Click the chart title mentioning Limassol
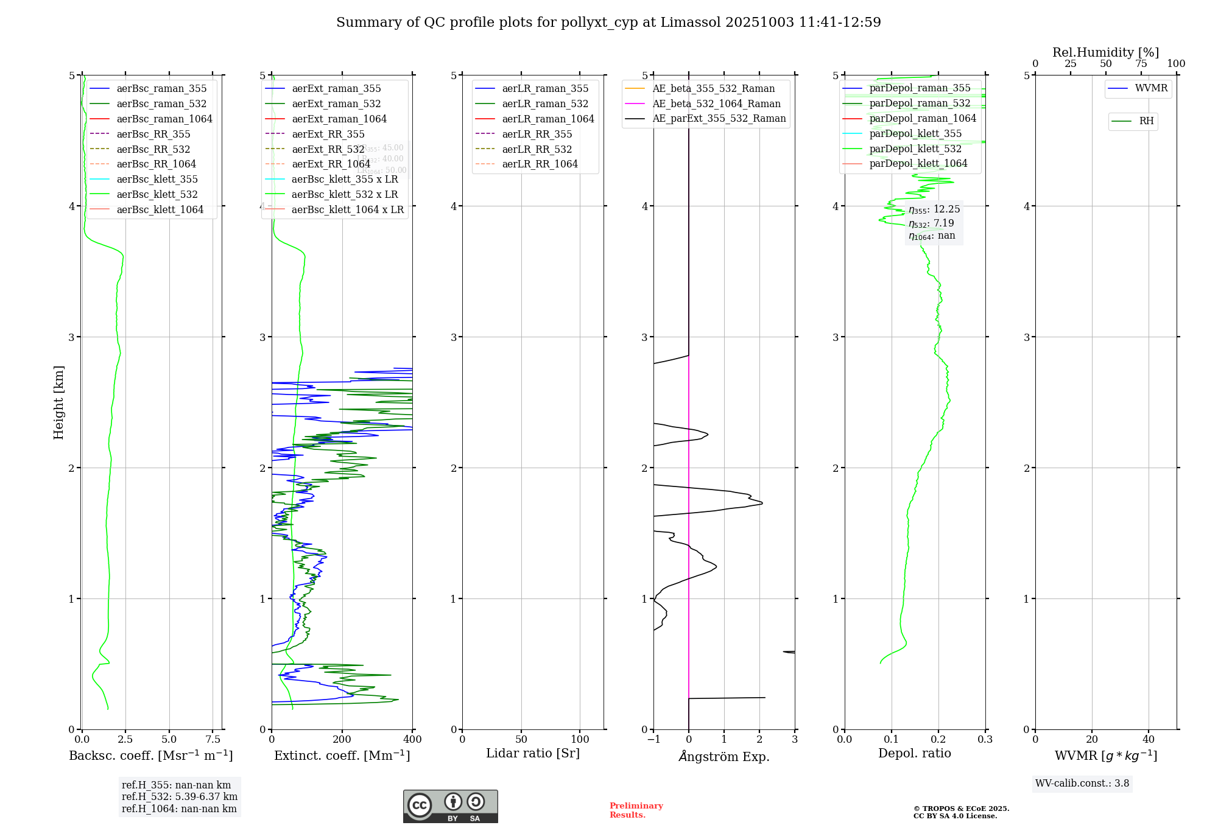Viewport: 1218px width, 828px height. (x=608, y=23)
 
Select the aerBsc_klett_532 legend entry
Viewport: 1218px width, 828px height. (x=157, y=194)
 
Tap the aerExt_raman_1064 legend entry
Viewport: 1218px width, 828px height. (x=339, y=119)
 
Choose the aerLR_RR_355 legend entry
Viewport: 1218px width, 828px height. (x=537, y=134)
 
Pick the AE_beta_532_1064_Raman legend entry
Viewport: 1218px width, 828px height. (x=716, y=103)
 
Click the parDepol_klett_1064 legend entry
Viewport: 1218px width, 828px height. (x=918, y=163)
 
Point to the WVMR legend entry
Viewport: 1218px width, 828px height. (x=1151, y=88)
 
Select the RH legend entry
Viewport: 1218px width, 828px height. (x=1146, y=121)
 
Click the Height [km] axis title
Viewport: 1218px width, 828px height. (x=58, y=402)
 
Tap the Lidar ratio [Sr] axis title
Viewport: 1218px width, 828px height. (x=533, y=753)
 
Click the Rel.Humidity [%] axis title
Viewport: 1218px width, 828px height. (x=1105, y=52)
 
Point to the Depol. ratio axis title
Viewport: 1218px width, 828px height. (x=914, y=753)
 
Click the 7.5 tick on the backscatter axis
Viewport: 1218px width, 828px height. (x=213, y=739)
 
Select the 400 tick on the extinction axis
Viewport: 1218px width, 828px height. (x=412, y=739)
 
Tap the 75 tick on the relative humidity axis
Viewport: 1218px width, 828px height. (x=1141, y=64)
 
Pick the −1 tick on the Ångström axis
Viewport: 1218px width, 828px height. (x=653, y=739)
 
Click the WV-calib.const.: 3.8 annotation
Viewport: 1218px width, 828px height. (x=1082, y=784)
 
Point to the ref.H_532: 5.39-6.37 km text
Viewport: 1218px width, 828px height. (x=180, y=796)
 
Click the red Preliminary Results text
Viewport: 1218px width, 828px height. (x=636, y=810)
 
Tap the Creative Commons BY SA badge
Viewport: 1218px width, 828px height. (x=450, y=806)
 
